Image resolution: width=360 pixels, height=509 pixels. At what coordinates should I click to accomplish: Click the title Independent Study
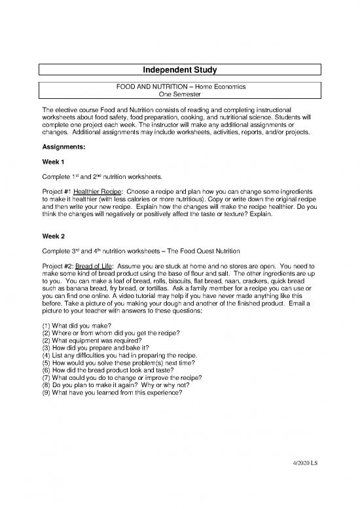[x=180, y=69]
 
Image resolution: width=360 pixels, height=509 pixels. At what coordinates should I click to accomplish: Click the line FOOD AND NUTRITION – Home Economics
[x=180, y=86]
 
